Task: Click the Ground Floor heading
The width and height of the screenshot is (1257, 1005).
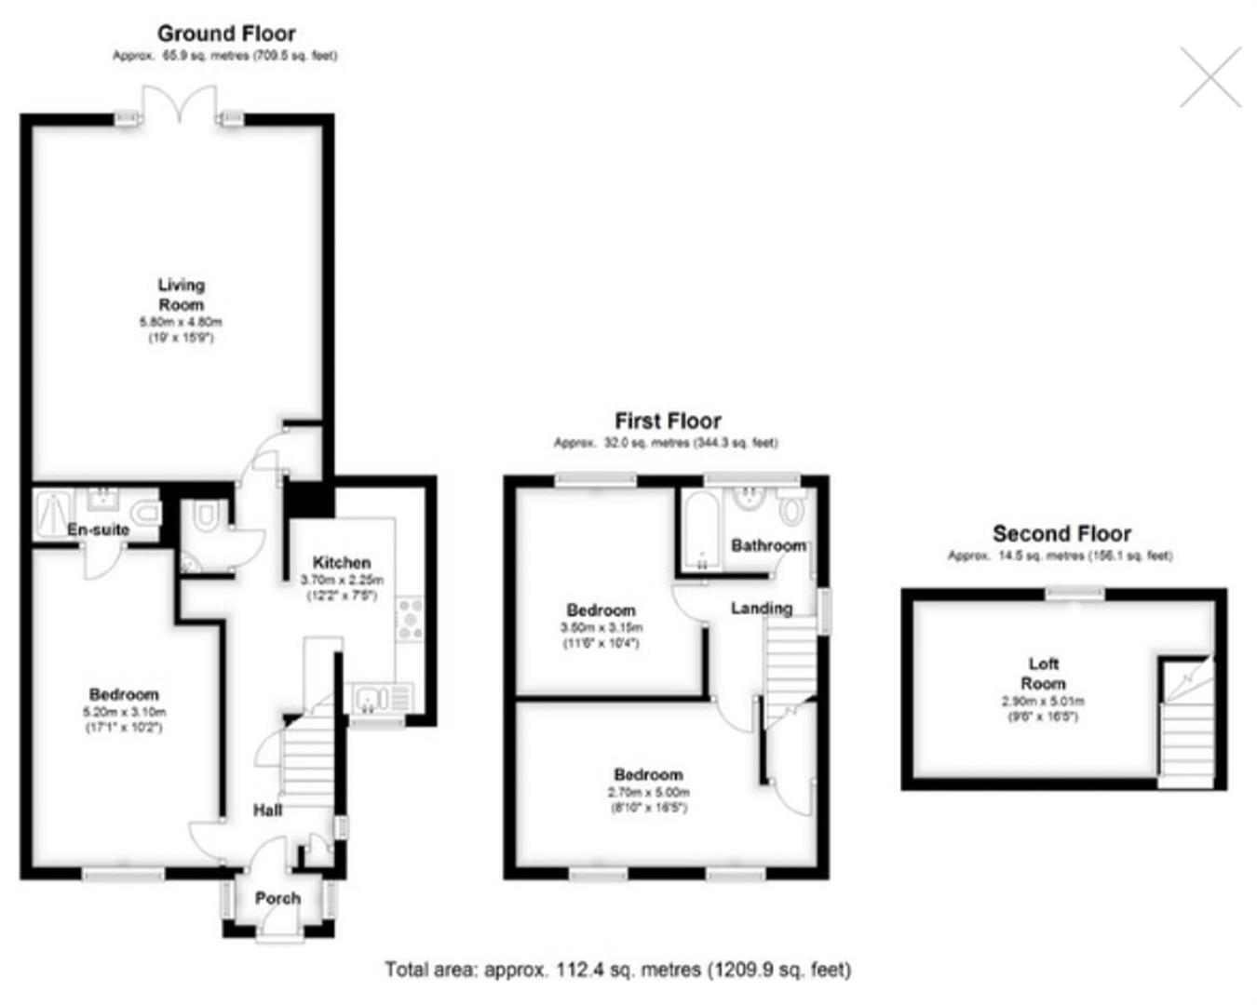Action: point(226,33)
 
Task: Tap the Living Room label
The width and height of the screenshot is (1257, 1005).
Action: point(181,295)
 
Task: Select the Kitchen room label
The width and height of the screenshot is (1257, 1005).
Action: point(342,562)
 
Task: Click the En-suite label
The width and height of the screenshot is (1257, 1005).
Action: point(98,529)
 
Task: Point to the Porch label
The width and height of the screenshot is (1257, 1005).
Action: point(277,898)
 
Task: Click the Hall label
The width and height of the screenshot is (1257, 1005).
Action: point(268,811)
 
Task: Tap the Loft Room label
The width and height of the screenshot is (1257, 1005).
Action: point(1043,674)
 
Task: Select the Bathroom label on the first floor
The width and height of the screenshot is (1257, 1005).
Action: point(768,545)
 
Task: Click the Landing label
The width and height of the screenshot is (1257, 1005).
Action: point(762,608)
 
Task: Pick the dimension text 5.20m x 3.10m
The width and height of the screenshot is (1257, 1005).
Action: point(125,712)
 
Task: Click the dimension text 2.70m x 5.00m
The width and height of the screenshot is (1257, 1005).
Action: point(649,792)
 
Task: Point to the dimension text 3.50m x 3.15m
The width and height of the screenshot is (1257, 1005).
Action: point(601,627)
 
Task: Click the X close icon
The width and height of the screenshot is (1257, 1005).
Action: point(1210,77)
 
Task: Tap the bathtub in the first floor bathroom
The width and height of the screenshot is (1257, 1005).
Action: point(700,530)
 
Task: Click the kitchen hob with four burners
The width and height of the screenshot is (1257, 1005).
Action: point(410,620)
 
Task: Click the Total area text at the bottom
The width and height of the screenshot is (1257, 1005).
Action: point(618,970)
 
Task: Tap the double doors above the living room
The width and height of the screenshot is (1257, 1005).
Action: point(180,104)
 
